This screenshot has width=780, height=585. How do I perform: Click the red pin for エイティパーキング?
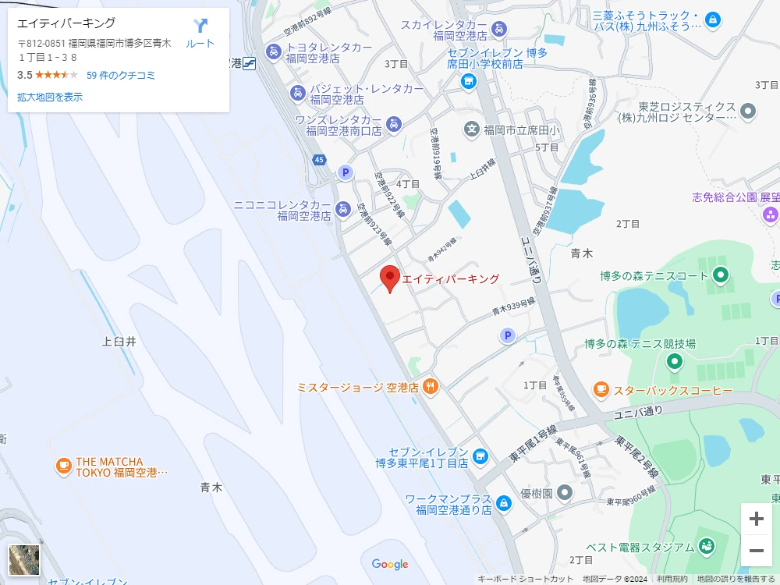390,278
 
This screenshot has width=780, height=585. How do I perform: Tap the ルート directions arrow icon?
200,27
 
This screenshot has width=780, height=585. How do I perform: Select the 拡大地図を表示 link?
50,97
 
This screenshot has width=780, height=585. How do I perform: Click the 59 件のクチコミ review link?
121,76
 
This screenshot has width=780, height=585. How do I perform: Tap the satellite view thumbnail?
24,560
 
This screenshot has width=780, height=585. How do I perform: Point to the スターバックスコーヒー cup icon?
601,389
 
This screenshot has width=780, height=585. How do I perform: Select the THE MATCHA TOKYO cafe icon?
63,466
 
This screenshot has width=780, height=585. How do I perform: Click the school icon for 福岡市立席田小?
471,129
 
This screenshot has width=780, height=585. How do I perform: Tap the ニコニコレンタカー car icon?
342,209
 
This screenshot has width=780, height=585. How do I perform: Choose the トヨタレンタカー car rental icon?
273,51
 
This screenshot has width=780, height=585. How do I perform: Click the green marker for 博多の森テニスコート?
721,275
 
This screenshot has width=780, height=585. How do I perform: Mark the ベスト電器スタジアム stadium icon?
707,546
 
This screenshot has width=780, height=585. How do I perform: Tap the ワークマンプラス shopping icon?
504,504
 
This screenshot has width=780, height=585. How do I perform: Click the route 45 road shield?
319,160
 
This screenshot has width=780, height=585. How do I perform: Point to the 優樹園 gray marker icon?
565,493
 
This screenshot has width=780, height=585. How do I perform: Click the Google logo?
390,564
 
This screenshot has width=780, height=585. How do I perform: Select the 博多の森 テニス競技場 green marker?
674,361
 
